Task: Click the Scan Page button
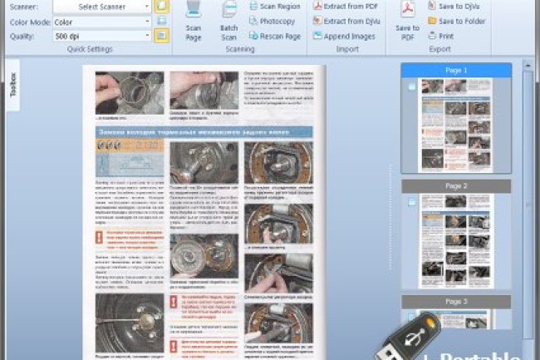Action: (194, 22)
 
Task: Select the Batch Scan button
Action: (229, 22)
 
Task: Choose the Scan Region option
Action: (273, 7)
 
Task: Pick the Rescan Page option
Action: (273, 36)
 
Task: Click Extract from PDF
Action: (346, 7)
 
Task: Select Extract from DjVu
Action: (347, 22)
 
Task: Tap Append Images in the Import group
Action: (345, 36)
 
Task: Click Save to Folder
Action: (456, 22)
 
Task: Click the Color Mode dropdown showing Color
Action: (102, 22)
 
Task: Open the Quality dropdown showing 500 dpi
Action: (102, 36)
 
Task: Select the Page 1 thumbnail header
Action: (456, 71)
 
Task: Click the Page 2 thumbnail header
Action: (456, 186)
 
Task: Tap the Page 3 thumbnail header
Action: (456, 301)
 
